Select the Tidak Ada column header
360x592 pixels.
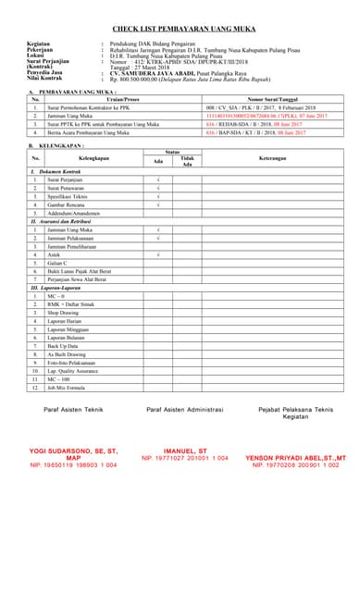(x=186, y=161)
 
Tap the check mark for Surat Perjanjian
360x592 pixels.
(x=158, y=179)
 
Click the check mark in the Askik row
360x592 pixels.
(x=158, y=253)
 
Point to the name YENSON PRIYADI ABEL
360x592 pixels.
(x=295, y=457)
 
